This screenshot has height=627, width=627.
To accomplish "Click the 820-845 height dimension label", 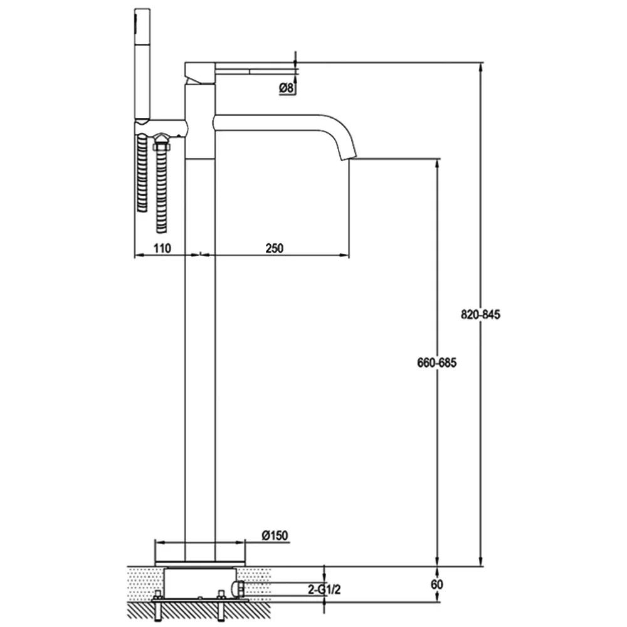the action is (480, 315).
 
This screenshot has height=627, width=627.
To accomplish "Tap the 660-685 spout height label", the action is (436, 362).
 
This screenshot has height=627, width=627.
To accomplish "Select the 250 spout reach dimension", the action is (275, 248).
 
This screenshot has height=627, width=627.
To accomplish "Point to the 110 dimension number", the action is (162, 248).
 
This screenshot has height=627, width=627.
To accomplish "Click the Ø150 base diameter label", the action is (275, 535).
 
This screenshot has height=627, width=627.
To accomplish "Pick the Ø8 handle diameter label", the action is (287, 88).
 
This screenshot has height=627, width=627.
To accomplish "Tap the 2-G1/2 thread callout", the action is (324, 589).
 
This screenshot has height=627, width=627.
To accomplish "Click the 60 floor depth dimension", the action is (437, 584).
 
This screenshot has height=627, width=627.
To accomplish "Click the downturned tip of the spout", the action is (346, 155).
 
